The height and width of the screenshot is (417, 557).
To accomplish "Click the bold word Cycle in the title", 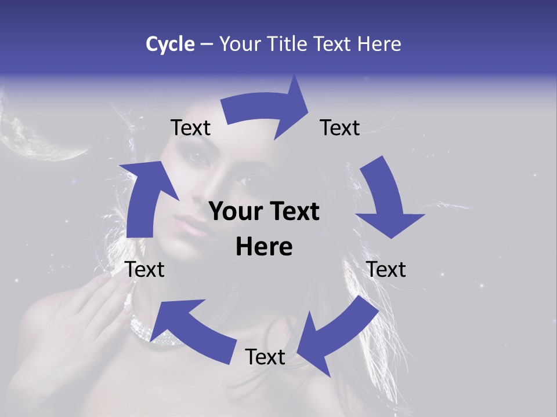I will pyautogui.click(x=170, y=44).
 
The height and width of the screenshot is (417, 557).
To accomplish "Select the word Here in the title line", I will pyautogui.click(x=379, y=44).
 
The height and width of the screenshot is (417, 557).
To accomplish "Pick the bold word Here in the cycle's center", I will pyautogui.click(x=264, y=247).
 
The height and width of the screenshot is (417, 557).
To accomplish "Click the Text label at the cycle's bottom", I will pyautogui.click(x=265, y=357).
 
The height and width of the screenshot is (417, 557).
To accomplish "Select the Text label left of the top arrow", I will pyautogui.click(x=190, y=128).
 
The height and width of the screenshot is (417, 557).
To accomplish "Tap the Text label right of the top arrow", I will pyautogui.click(x=340, y=128).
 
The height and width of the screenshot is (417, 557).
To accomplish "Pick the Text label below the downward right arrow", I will pyautogui.click(x=386, y=269).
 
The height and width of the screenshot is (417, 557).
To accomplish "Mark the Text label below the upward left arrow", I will pyautogui.click(x=145, y=269).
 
